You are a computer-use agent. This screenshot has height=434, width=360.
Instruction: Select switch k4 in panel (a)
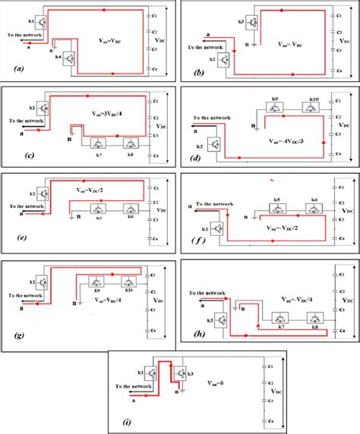click(70, 58)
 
